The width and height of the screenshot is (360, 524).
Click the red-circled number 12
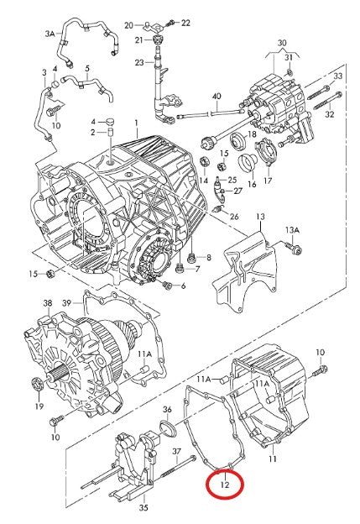pyautogui.click(x=224, y=484)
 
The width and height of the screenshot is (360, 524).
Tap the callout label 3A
pyautogui.click(x=50, y=34)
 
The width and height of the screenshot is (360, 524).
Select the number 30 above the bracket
pyautogui.click(x=281, y=42)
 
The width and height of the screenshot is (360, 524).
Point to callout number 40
pyautogui.click(x=217, y=97)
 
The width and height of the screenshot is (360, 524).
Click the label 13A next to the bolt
pyautogui.click(x=291, y=230)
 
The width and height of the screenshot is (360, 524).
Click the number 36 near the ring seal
pyautogui.click(x=166, y=410)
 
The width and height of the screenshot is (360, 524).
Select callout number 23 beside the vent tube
pyautogui.click(x=138, y=62)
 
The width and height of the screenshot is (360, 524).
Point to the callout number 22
pyautogui.click(x=185, y=23)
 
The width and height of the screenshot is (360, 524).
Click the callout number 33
pyautogui.click(x=338, y=76)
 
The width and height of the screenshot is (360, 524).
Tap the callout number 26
pyautogui.click(x=233, y=217)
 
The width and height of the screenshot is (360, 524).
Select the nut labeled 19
pyautogui.click(x=37, y=385)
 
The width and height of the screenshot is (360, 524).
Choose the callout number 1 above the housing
pyautogui.click(x=135, y=123)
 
